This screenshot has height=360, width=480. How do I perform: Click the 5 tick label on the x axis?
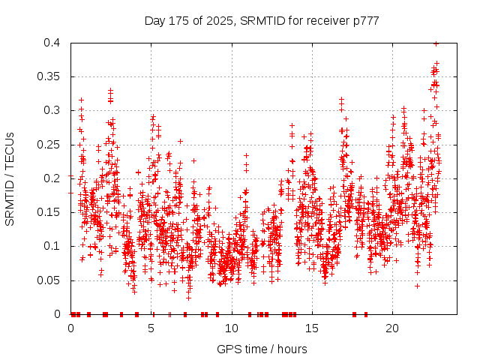pos(151,328)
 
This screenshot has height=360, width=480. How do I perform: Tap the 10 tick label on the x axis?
pos(231,328)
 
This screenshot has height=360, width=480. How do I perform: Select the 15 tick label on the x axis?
pos(311,328)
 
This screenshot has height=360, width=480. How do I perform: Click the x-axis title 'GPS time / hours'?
pos(262,349)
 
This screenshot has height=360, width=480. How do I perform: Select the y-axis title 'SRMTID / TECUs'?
pos(10,178)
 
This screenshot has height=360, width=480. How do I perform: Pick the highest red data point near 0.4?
pos(436,43)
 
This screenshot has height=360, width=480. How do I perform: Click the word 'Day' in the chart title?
pos(155,20)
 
